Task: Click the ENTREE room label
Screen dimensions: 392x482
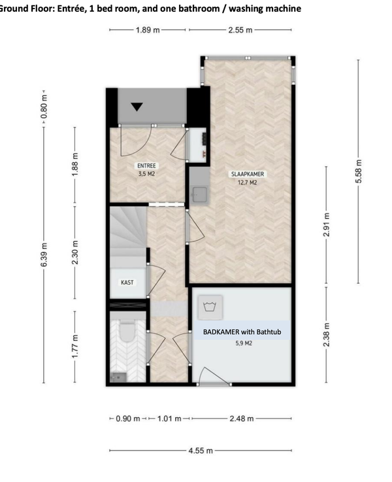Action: click(146, 165)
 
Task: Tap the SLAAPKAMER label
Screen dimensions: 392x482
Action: click(248, 174)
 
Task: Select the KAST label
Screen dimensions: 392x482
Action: click(127, 282)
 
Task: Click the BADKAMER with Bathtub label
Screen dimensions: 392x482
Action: click(242, 332)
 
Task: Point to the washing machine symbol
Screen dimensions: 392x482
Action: click(210, 307)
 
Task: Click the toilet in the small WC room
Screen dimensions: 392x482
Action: click(127, 332)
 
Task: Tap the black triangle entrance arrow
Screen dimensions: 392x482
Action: click(137, 107)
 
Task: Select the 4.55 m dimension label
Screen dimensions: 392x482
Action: click(201, 451)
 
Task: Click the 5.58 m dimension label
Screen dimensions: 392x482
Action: click(358, 171)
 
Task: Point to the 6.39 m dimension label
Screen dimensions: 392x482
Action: click(44, 255)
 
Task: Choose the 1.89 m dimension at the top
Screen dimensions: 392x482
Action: click(148, 30)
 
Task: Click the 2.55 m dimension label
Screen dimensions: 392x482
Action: click(240, 30)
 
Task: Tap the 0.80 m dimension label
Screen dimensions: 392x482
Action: click(44, 107)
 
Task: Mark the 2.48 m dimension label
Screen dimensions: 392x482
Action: click(242, 419)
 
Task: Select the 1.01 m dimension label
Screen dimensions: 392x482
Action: click(169, 419)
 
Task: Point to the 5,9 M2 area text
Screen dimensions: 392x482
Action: click(244, 343)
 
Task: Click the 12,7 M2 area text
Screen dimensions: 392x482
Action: click(248, 182)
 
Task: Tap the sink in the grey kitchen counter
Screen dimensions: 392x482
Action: click(199, 194)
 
